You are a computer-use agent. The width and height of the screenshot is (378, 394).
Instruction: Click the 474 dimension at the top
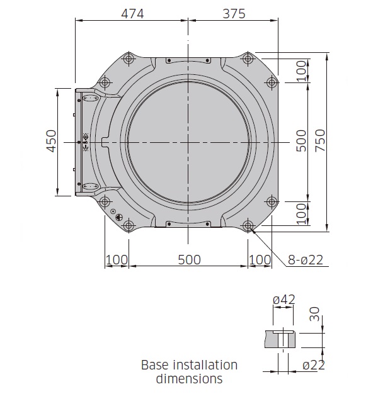click(132, 14)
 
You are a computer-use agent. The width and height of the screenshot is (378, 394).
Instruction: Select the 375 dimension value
click(234, 14)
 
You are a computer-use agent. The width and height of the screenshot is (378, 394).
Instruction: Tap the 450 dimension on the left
click(52, 141)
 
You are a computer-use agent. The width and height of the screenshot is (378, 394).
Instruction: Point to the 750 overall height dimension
click(320, 140)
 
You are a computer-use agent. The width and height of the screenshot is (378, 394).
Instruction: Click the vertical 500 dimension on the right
click(301, 141)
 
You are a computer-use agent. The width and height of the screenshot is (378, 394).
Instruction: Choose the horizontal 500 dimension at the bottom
click(190, 260)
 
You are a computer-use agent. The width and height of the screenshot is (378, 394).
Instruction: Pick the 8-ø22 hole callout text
click(306, 260)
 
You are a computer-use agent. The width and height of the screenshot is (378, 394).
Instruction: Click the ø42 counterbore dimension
click(284, 300)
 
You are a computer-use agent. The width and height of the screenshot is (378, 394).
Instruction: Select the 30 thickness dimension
click(314, 314)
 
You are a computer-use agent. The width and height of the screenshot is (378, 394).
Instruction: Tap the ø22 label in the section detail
click(314, 365)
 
